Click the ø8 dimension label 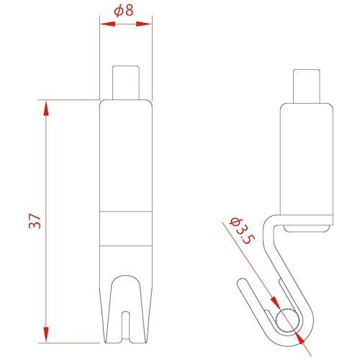[x=124, y=11]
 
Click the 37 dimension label [x=35, y=221]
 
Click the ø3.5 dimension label [x=241, y=230]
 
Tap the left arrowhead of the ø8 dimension [x=107, y=24]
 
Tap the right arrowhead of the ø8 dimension [x=144, y=24]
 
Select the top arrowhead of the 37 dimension [x=46, y=108]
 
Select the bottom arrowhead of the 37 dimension [x=46, y=334]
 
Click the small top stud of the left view [x=126, y=82]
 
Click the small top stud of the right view [x=307, y=86]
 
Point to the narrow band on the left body [x=126, y=229]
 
